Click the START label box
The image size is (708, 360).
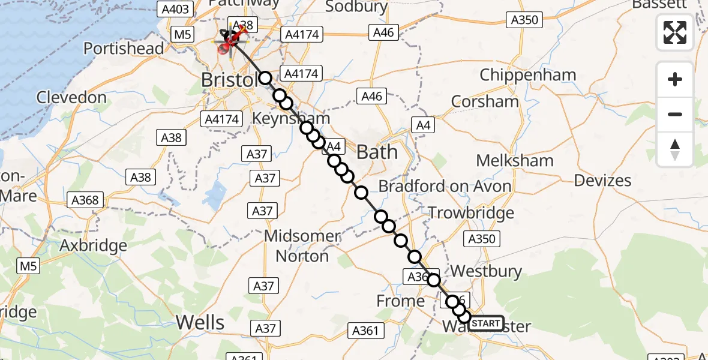click(x=485, y=323)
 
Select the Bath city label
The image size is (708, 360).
click(x=377, y=152)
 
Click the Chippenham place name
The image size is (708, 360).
click(x=528, y=76)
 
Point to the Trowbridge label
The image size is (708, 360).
click(x=471, y=212)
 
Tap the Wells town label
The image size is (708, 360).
click(x=200, y=323)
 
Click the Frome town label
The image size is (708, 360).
click(x=400, y=300)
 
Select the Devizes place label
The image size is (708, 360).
click(x=602, y=180)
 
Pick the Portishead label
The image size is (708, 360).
click(x=124, y=48)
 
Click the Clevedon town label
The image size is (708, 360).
click(x=71, y=97)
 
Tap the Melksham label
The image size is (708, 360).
click(x=514, y=161)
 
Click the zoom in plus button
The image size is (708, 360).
click(x=675, y=79)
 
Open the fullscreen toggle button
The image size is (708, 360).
click(x=675, y=32)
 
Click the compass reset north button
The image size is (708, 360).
click(x=675, y=149)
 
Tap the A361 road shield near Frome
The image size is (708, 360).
click(x=364, y=330)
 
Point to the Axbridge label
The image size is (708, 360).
click(x=94, y=245)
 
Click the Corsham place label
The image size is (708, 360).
click(x=485, y=101)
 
